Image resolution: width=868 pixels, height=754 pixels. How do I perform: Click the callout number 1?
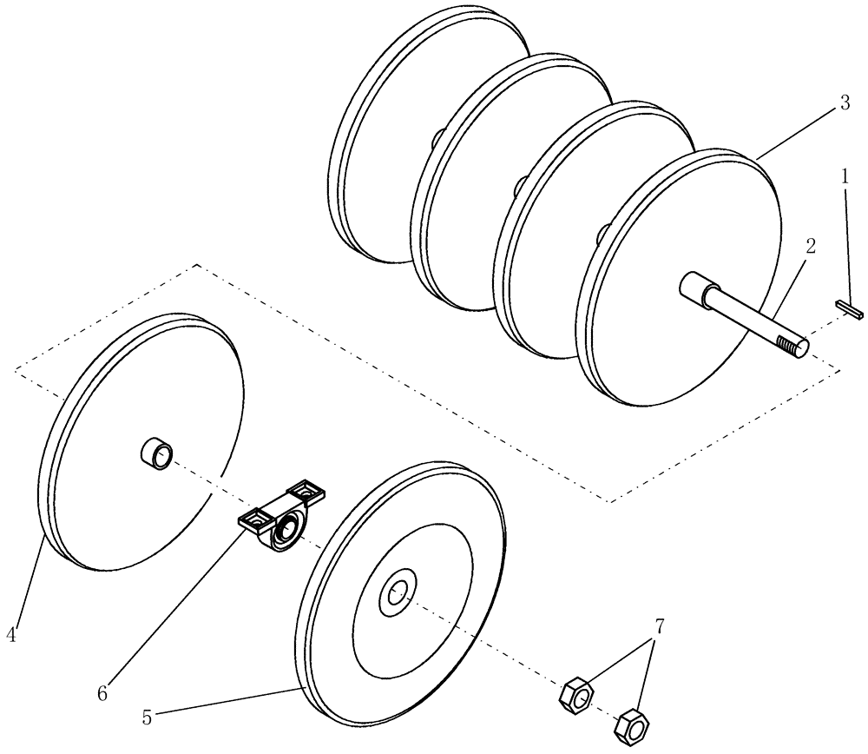[x=844, y=177]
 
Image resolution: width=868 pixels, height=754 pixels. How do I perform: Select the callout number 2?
[x=809, y=247]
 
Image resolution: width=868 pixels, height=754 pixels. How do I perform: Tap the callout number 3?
[x=844, y=103]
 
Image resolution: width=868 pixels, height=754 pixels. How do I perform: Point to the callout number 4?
[x=11, y=635]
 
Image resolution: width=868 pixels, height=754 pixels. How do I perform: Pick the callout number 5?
[x=147, y=718]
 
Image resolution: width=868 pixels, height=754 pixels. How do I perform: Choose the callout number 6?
[x=103, y=692]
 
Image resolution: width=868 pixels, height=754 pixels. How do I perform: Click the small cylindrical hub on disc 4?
[x=157, y=454]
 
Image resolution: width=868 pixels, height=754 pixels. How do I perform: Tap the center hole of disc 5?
[x=397, y=594]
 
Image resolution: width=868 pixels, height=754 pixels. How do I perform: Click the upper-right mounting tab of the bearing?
[x=307, y=491]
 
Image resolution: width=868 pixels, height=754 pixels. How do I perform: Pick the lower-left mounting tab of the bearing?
[x=254, y=521]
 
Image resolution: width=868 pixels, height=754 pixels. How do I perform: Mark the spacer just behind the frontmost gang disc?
[x=600, y=235]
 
